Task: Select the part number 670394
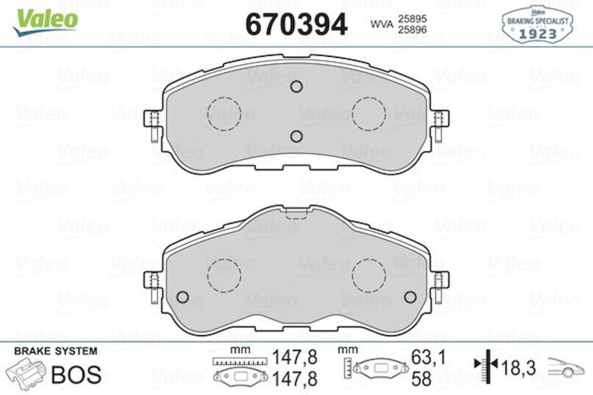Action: pos(296,24)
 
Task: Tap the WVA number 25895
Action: pos(412,19)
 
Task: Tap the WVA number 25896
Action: pos(412,30)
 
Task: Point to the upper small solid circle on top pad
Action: pos(296,86)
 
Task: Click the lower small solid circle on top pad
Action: pos(296,136)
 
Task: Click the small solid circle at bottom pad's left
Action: pos(183,297)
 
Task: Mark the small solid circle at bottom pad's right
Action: pos(410,297)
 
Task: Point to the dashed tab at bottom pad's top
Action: pos(296,214)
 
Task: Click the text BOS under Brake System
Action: pos(76,374)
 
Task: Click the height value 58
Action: pos(421,379)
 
